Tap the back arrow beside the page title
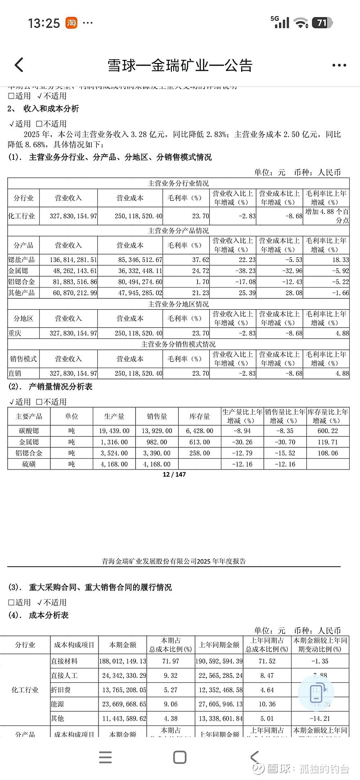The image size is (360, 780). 19,65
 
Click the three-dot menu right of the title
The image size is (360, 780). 339,65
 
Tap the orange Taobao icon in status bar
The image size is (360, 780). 71,23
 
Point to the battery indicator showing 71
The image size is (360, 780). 322,23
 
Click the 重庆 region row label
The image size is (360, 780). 15,334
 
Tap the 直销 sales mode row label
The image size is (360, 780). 15,373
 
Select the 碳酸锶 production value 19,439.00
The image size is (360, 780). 114,431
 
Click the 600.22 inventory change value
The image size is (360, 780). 328,431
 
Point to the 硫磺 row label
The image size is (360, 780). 29,464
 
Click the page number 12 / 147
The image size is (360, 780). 174,474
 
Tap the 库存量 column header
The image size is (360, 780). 199,416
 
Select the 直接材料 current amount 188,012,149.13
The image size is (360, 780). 123,661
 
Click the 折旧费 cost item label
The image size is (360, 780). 61,690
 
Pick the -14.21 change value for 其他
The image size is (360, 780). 320,719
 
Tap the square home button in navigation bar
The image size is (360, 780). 180,757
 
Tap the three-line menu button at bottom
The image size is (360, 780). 105,757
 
